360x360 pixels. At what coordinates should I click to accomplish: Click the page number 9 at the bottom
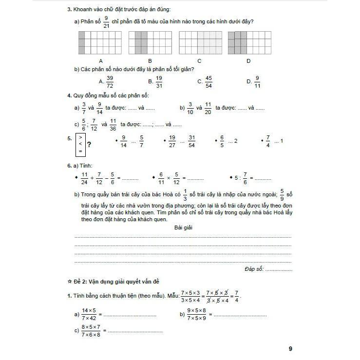(x=290, y=348)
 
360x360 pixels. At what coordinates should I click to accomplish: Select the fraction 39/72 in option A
(x=110, y=81)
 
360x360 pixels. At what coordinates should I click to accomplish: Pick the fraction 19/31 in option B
(x=159, y=81)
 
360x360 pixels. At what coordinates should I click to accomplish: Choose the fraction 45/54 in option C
(x=208, y=81)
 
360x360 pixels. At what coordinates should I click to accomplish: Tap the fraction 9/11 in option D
(x=257, y=81)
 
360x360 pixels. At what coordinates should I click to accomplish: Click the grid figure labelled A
(x=100, y=42)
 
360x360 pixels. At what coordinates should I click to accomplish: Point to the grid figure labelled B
(x=150, y=42)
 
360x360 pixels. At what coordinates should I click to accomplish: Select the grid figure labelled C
(x=200, y=42)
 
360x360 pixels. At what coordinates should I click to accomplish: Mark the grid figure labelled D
(x=249, y=42)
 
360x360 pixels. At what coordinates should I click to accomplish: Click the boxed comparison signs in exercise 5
(x=80, y=144)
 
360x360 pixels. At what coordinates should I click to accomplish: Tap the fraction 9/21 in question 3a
(x=107, y=21)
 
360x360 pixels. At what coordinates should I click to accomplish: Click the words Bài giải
(x=182, y=227)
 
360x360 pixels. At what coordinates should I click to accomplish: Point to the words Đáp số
(x=254, y=268)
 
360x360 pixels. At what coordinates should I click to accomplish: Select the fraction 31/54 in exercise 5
(x=191, y=142)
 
